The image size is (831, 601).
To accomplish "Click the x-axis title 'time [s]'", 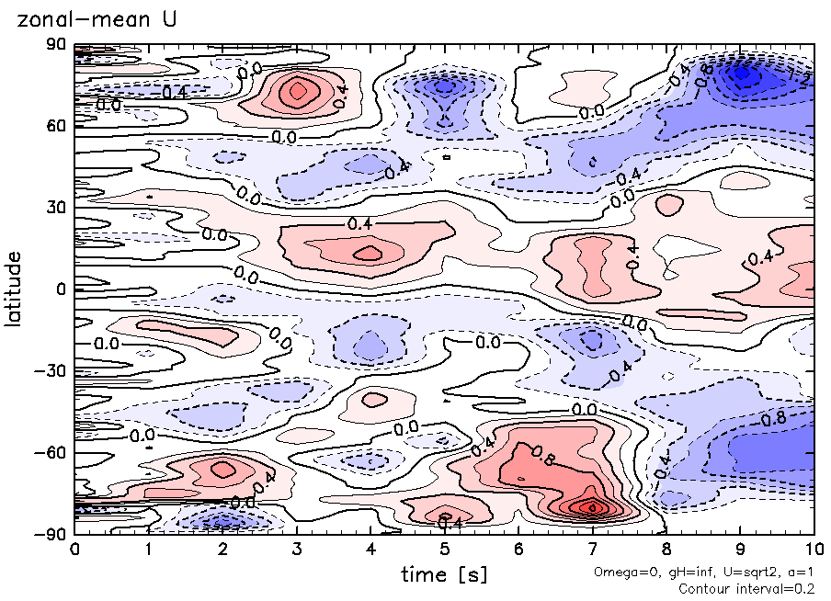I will click(x=444, y=575).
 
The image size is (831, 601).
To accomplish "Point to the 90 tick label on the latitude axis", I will click(x=57, y=45).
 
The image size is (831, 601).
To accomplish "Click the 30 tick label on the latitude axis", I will click(x=57, y=208).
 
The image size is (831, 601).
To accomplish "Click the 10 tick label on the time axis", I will click(x=814, y=550).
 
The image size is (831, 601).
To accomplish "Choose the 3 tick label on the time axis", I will click(x=297, y=550).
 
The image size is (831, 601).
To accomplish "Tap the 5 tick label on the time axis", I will click(x=445, y=550).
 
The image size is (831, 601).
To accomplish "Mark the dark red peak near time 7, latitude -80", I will click(x=593, y=506).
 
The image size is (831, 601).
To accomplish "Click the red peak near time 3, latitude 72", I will click(x=297, y=91).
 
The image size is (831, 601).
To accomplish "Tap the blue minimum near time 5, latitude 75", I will click(x=445, y=86).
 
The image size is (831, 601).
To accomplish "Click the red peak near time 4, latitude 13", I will click(x=370, y=253).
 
